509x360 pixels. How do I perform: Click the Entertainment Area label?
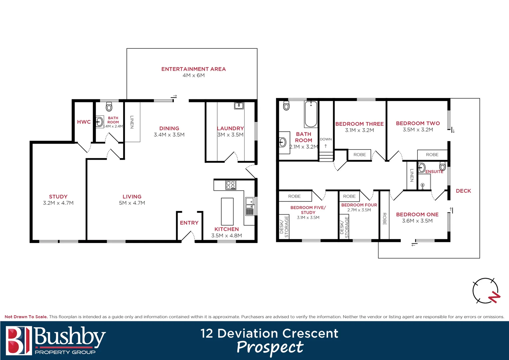[x=193, y=69]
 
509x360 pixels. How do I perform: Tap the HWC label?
[x=84, y=122]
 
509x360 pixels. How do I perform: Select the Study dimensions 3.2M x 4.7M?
[x=58, y=203]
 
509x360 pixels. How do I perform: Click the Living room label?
[x=132, y=197]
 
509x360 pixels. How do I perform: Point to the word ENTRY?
[x=189, y=223]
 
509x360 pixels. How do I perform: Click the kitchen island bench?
[x=227, y=211]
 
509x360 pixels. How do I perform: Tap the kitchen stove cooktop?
[x=231, y=185]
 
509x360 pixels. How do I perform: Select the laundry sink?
[x=239, y=106]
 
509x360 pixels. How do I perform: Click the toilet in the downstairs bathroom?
[x=109, y=107]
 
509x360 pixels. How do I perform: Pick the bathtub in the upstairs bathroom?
[x=311, y=114]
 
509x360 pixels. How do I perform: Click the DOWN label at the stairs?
[x=326, y=139]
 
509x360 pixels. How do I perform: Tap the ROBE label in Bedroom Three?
[x=359, y=155]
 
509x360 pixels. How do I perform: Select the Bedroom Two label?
[x=418, y=123]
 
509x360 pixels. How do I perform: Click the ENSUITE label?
[x=434, y=172]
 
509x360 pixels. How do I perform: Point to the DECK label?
[x=463, y=191]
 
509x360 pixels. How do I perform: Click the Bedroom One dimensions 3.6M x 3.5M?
[x=417, y=221]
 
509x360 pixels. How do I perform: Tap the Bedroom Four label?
[x=359, y=205]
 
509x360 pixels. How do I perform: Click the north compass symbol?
[x=486, y=291]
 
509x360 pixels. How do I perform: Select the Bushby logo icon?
[x=19, y=340]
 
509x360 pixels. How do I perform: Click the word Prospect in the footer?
[x=270, y=348]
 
